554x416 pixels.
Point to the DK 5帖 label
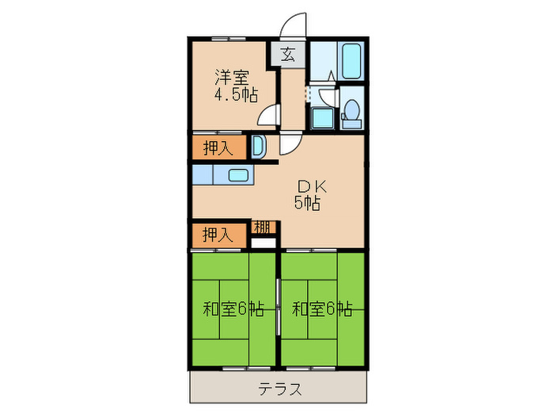click(306, 194)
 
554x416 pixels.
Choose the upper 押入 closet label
click(217, 147)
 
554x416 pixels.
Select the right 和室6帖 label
click(321, 309)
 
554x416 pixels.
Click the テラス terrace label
click(278, 390)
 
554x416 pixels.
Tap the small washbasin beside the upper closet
click(258, 147)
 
